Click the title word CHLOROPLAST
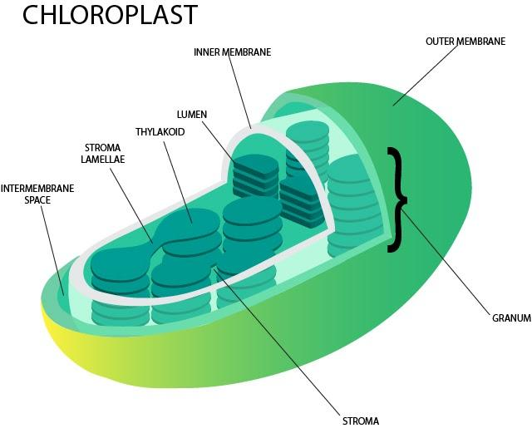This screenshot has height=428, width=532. coord(110,16)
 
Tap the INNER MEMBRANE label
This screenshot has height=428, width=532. coord(232,52)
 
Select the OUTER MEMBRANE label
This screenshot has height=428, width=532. coord(465,41)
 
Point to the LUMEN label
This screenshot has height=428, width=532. coord(191,114)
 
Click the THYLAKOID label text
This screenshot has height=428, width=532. coord(160,132)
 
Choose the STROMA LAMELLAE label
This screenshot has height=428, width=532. coord(102,154)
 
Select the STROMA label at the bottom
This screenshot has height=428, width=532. coord(361,420)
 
